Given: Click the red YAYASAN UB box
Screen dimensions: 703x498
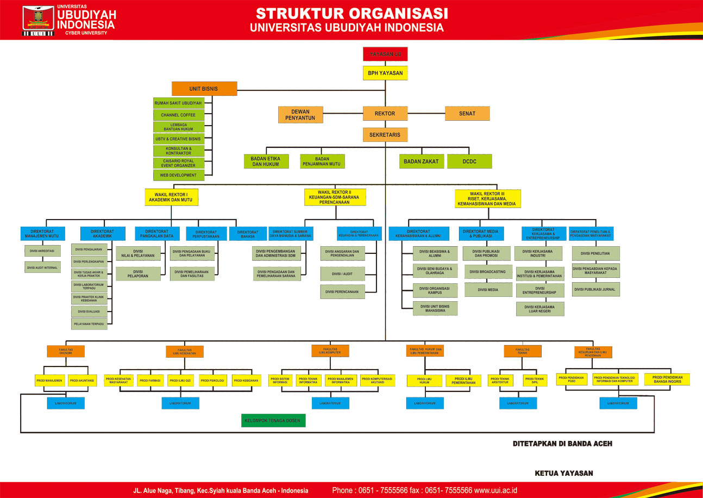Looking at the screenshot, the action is pos(385,54).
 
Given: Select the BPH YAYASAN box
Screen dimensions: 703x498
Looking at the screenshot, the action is pos(385,73).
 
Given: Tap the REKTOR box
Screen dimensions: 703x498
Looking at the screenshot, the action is pos(385,114).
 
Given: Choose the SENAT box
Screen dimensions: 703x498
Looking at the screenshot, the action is pos(467,114).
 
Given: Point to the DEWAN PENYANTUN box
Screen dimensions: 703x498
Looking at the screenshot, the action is pos(300,114).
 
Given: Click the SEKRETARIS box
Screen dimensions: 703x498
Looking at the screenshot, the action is pos(385,134).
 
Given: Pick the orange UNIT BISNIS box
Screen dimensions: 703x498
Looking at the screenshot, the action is pos(204,89).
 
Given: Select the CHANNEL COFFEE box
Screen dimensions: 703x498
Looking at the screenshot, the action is pos(178,115).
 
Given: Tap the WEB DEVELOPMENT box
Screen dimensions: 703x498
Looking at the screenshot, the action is pos(178,175).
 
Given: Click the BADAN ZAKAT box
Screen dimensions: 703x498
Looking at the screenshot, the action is pos(422,161).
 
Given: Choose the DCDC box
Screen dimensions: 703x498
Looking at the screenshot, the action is pos(469,161).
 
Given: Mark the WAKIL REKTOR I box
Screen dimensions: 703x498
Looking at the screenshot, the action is pos(171,197).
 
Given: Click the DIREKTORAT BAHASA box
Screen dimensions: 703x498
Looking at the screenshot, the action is pos(248,234).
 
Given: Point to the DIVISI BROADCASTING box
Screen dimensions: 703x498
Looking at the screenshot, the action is pos(488,271).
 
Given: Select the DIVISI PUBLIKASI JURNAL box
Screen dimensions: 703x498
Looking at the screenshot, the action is pos(595,289).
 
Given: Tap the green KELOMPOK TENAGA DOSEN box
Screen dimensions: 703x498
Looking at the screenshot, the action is pos(274,420).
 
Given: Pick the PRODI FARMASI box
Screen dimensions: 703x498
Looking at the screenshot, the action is pos(150,381).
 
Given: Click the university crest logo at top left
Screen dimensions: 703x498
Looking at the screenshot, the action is pos(37,20).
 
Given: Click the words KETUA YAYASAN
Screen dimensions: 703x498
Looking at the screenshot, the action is pos(563,474).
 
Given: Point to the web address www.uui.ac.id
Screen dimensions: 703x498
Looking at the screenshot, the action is pos(495,490).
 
